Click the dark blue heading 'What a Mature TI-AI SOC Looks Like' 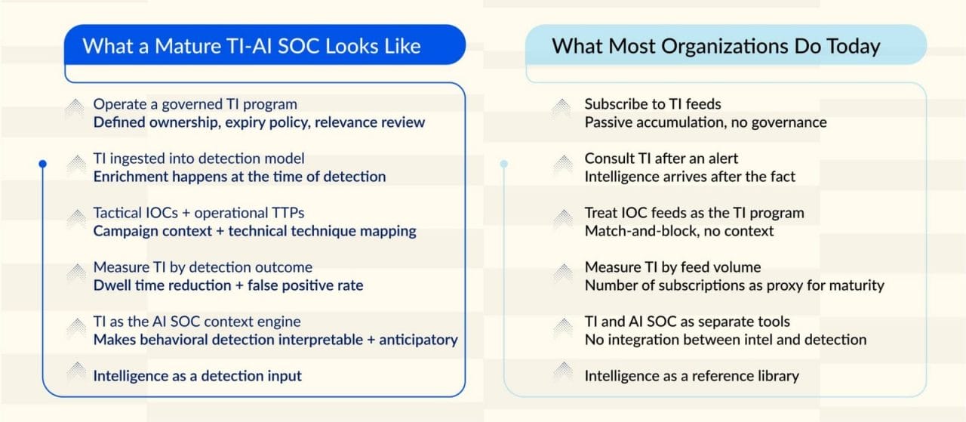251,46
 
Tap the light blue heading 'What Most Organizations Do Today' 716,46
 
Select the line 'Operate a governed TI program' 195,104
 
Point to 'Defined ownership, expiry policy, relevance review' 259,122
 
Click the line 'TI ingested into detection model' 198,159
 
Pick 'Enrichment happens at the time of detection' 239,177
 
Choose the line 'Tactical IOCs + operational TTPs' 198,213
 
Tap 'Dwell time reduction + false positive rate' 228,285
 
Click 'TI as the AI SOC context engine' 197,322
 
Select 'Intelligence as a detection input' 198,376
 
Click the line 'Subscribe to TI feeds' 653,104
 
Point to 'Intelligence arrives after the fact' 690,177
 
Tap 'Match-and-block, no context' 679,231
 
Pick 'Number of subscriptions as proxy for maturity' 734,285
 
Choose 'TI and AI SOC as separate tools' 688,322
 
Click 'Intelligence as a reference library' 692,376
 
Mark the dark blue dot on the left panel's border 42,164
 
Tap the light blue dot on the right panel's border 503,164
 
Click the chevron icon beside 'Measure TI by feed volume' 563,273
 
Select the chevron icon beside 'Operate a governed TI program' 76,109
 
